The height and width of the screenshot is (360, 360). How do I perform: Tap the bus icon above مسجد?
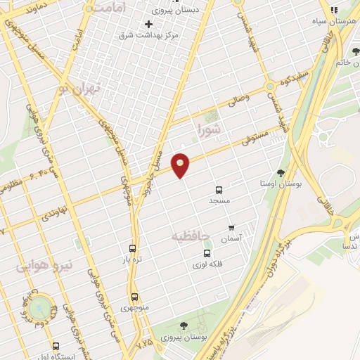tap(219, 190)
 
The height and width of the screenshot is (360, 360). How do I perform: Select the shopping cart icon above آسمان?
tap(231, 228)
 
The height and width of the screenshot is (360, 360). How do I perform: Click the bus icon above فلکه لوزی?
tap(207, 253)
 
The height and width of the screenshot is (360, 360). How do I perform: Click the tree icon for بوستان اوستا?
tap(281, 172)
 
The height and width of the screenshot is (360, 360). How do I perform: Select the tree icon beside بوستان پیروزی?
tap(184, 326)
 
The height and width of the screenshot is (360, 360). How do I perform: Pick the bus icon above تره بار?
tap(132, 247)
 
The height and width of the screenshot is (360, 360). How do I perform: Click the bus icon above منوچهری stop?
tap(134, 297)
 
